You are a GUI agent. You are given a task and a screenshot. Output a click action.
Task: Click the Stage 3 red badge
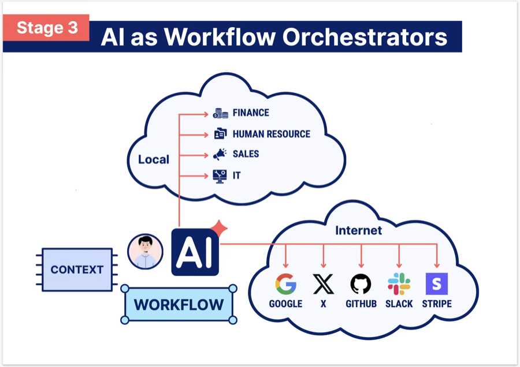tap(46, 28)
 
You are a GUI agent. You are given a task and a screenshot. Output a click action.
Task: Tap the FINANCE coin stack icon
tap(220, 113)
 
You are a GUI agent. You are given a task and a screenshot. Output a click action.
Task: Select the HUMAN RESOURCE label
tap(271, 134)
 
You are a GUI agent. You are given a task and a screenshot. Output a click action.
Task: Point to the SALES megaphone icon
tap(220, 155)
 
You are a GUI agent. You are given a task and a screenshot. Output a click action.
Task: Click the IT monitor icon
tap(220, 175)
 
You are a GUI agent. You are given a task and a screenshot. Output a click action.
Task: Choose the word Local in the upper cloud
tap(153, 159)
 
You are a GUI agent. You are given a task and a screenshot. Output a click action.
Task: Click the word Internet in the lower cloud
tap(358, 230)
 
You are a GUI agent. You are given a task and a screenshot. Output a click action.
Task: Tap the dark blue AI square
tap(195, 252)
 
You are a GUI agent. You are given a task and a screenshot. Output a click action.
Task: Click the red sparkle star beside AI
tap(219, 228)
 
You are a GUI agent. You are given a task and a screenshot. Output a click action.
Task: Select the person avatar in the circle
tap(145, 252)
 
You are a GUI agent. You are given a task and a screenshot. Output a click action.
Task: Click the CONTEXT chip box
tap(77, 269)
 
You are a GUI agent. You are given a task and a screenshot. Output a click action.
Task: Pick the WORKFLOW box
tap(179, 304)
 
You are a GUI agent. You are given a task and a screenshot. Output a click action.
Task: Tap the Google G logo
tap(285, 284)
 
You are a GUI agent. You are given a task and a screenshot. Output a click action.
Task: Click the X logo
tap(323, 284)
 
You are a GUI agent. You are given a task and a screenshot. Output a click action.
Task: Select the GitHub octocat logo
tap(361, 284)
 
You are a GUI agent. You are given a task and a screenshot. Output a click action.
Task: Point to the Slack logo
tap(399, 284)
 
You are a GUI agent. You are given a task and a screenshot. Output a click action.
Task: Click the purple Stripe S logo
tap(436, 284)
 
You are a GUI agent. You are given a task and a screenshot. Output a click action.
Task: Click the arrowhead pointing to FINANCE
tap(206, 114)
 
